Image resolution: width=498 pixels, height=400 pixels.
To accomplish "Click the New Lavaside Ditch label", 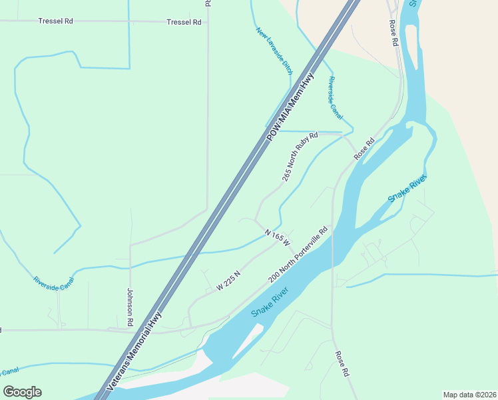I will (x=274, y=50).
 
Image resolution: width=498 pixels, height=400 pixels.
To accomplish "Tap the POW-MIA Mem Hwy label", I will (x=290, y=106).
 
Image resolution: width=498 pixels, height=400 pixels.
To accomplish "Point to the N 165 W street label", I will (x=278, y=237).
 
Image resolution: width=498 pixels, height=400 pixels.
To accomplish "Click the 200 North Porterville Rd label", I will (x=299, y=255).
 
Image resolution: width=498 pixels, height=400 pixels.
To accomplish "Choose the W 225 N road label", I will (x=228, y=281).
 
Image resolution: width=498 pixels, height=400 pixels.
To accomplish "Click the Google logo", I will (x=22, y=392).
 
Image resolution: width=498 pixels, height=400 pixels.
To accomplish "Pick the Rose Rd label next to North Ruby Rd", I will (x=364, y=149).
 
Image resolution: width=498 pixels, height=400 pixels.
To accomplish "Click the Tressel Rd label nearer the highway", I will (x=184, y=22).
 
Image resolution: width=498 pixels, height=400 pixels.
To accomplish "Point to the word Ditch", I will (x=288, y=67).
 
